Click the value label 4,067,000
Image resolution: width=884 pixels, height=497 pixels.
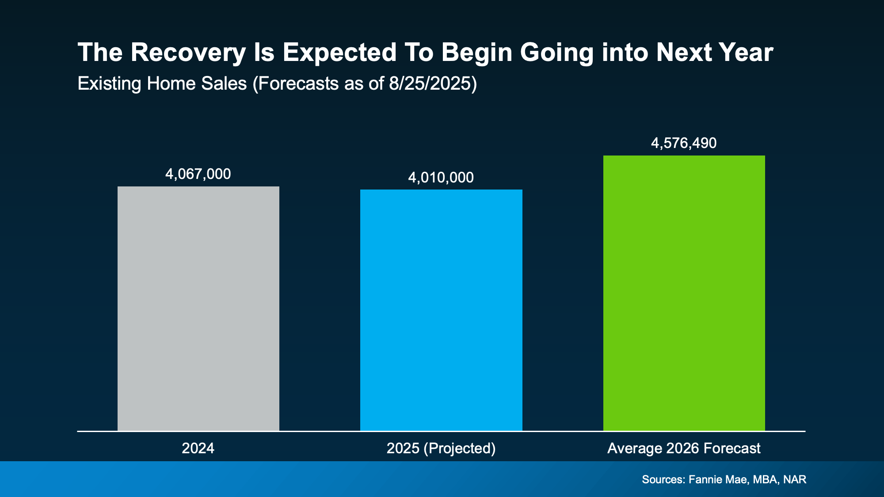click(x=198, y=174)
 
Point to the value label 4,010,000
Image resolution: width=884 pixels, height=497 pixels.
click(x=441, y=178)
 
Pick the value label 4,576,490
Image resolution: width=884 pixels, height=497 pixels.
click(x=684, y=143)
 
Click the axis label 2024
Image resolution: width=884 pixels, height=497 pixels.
click(x=198, y=448)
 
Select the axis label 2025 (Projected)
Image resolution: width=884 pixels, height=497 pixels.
click(x=441, y=448)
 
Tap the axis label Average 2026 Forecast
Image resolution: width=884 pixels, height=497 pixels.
click(x=684, y=448)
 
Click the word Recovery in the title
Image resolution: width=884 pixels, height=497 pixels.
click(x=188, y=53)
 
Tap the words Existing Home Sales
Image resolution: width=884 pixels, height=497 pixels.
click(x=162, y=83)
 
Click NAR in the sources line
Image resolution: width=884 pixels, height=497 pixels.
click(x=795, y=480)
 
